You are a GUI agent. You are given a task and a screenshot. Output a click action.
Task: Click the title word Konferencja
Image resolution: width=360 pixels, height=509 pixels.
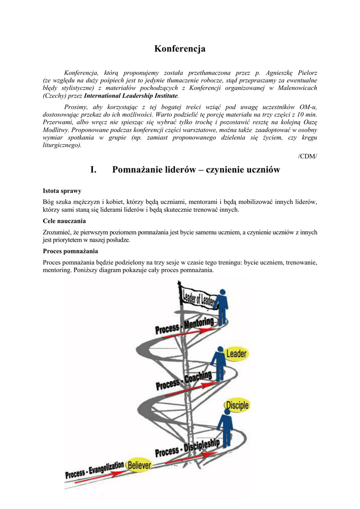click(180, 49)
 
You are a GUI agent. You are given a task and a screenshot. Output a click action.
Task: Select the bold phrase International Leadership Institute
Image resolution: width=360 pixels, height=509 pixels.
click(131, 95)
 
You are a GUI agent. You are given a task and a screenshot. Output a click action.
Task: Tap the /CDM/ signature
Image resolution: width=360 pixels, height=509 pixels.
click(307, 157)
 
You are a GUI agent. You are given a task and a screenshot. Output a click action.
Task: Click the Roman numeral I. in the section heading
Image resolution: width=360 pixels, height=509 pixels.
click(93, 170)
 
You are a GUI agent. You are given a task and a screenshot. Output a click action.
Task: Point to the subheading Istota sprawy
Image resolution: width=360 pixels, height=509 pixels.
click(62, 191)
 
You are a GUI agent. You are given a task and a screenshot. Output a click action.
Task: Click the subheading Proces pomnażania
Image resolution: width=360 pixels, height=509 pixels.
click(70, 251)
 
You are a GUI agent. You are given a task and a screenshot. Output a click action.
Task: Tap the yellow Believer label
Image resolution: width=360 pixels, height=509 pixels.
click(139, 465)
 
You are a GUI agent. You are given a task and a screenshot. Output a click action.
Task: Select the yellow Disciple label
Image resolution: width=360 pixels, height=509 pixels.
click(237, 406)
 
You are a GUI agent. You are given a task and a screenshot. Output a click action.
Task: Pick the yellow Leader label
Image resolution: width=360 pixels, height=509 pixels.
click(236, 354)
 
